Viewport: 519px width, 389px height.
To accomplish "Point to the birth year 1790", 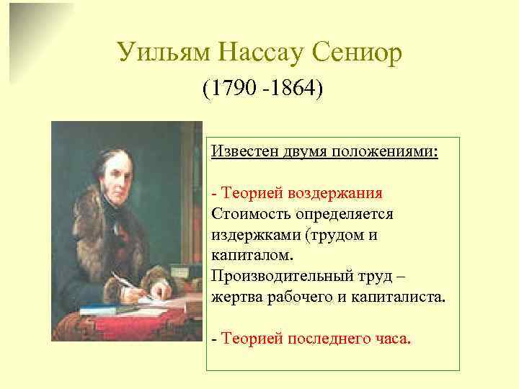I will (x=229, y=90).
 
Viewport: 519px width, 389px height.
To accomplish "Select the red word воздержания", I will (x=334, y=194).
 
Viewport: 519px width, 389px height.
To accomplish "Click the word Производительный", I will (x=281, y=276).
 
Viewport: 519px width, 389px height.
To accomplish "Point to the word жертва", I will (x=235, y=296).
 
